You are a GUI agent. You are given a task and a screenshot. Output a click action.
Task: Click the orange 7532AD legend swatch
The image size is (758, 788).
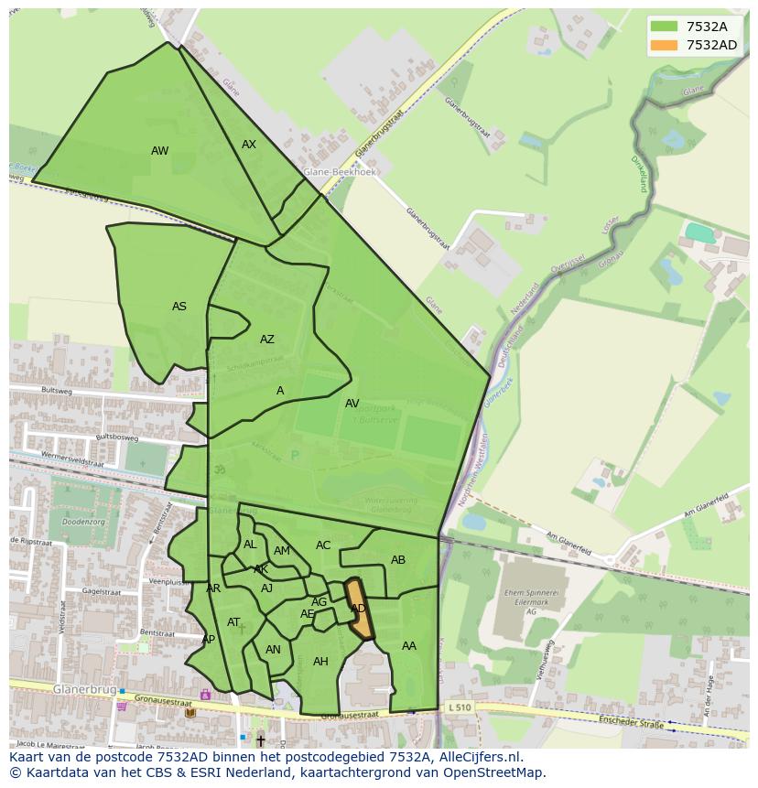click(x=665, y=45)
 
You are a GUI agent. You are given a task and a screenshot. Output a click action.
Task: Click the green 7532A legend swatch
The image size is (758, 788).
click(x=665, y=27)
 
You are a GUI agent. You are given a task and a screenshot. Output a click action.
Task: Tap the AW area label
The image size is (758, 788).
click(x=159, y=151)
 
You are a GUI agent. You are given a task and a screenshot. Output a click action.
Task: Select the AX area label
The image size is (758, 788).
click(x=249, y=145)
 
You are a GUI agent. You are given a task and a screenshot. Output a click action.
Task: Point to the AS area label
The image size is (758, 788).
click(x=179, y=307)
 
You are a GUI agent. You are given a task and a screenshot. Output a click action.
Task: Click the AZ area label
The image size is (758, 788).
click(x=266, y=340)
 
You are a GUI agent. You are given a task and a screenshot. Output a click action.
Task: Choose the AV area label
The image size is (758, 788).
click(x=352, y=404)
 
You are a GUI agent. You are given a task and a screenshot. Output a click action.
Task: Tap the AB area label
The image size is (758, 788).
click(x=398, y=560)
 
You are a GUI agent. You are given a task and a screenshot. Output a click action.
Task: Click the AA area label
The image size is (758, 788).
click(x=409, y=646)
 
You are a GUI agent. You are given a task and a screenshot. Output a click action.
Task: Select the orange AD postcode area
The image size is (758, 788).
click(x=359, y=609)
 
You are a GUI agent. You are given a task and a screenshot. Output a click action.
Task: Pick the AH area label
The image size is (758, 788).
click(x=320, y=662)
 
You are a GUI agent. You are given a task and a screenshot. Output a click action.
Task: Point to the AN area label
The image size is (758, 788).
click(x=273, y=650)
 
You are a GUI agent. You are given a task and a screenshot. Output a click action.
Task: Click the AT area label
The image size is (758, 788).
click(x=233, y=622)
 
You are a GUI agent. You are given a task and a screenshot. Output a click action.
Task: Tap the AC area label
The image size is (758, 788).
click(x=323, y=545)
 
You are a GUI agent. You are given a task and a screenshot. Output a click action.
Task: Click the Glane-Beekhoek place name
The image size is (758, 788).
click(x=341, y=171)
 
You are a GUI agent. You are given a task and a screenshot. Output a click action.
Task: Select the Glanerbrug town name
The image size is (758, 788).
click(x=84, y=688)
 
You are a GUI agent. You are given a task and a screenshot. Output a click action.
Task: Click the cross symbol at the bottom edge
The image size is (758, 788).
click(x=260, y=740)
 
